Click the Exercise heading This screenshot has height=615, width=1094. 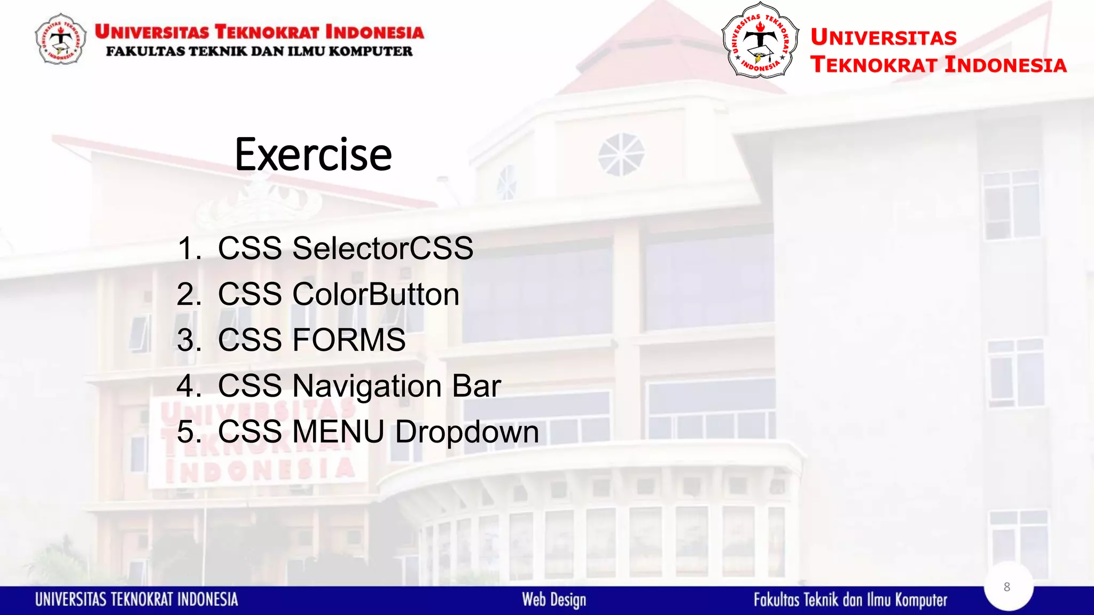tap(313, 155)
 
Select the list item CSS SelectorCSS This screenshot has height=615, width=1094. tap(345, 248)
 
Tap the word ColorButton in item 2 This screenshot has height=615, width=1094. tap(376, 294)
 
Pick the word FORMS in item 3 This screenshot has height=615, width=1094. tap(349, 340)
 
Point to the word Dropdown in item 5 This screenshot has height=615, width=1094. tap(467, 431)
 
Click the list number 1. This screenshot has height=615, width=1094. tap(188, 249)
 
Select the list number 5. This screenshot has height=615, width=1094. tap(188, 431)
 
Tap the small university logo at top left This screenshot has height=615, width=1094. tap(60, 40)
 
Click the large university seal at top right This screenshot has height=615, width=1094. tap(760, 41)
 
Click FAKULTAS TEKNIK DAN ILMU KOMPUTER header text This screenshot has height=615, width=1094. tap(259, 52)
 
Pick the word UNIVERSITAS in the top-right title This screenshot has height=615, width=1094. tap(884, 37)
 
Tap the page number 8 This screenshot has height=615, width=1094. tap(1007, 587)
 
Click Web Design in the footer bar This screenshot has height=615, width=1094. tap(554, 600)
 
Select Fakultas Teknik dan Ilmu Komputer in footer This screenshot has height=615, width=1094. tap(850, 600)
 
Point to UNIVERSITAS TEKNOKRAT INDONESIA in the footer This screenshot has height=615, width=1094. tap(137, 600)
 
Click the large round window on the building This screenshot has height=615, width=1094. tap(621, 155)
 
